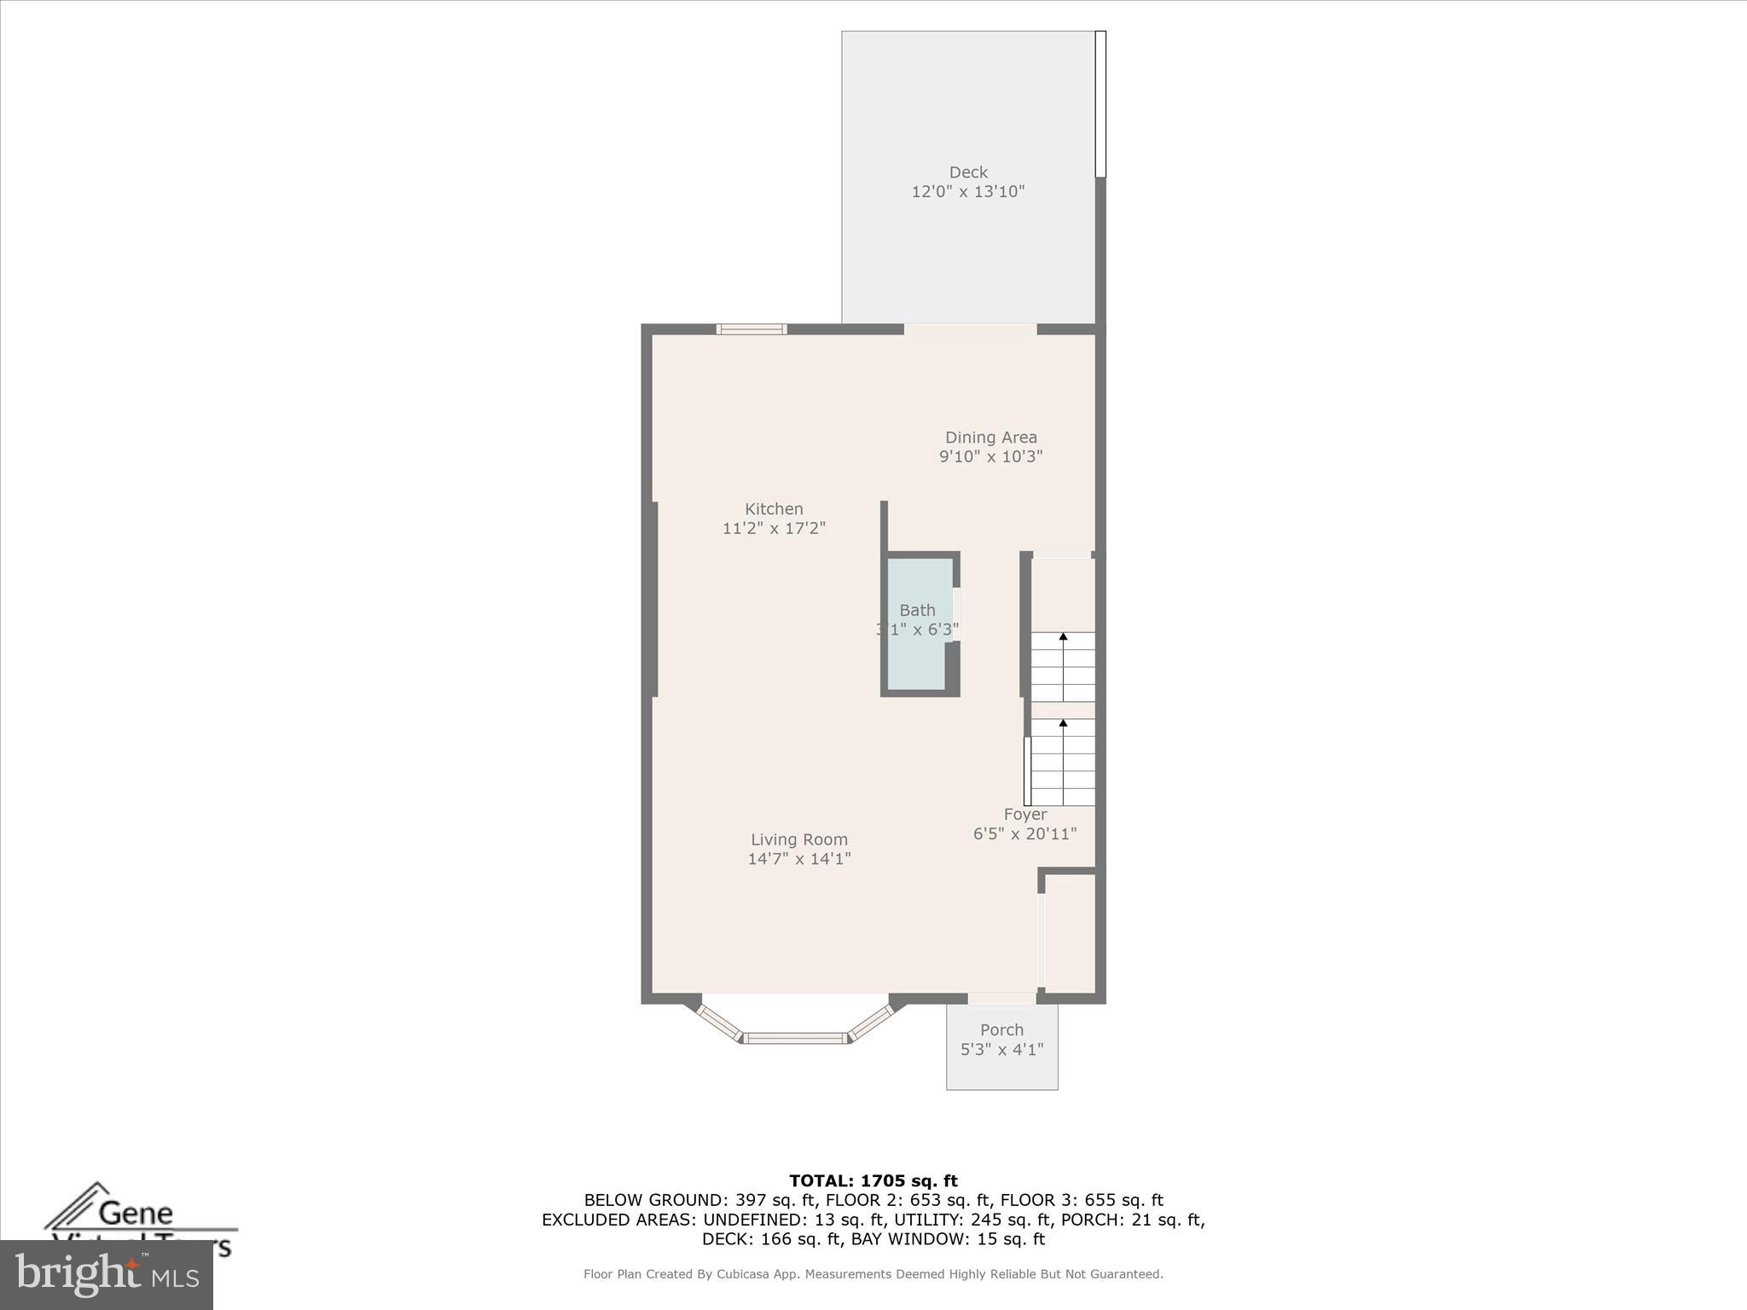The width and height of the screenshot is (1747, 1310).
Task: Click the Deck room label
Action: [x=967, y=172]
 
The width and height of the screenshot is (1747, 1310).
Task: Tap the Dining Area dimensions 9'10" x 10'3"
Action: [x=990, y=456]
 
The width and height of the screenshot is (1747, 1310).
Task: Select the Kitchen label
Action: [x=774, y=509]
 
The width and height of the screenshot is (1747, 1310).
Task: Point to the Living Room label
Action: [x=799, y=840]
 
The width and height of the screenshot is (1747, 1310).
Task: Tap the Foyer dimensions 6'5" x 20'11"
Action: [x=1024, y=834]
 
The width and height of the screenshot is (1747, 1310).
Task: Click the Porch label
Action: [x=1001, y=1030]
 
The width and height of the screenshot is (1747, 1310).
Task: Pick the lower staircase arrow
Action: [x=1063, y=755]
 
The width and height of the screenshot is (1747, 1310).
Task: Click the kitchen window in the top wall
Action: [x=751, y=329]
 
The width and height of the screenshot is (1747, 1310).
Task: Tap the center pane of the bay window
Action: [x=796, y=1038]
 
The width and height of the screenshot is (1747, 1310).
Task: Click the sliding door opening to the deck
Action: [x=970, y=329]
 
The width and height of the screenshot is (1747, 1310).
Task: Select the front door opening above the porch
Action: [x=1001, y=998]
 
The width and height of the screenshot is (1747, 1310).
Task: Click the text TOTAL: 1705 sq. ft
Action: [x=873, y=1181]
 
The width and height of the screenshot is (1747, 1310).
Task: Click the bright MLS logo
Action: [x=107, y=1275]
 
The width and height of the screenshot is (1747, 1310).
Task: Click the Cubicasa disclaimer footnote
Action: [x=873, y=1274]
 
